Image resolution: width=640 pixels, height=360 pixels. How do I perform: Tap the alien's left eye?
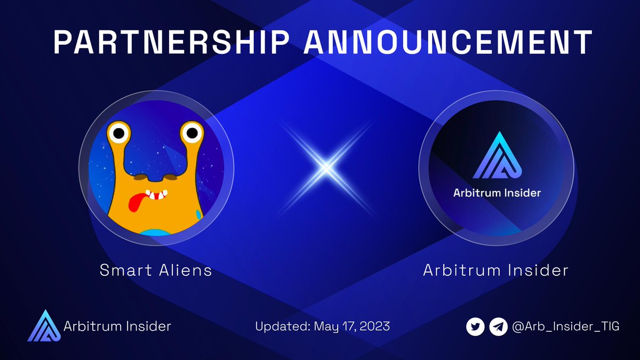point(119,133)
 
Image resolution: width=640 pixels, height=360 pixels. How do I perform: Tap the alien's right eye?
point(190,132)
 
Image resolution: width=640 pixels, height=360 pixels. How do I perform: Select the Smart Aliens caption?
point(156,270)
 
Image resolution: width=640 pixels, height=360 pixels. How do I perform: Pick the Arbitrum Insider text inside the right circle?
point(497,193)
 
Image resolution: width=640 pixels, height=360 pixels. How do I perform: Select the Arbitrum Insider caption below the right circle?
point(495,270)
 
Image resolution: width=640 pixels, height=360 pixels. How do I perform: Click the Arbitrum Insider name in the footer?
point(117,326)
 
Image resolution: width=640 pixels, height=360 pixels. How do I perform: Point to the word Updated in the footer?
point(278,326)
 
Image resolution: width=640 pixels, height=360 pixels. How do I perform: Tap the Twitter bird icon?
point(475,326)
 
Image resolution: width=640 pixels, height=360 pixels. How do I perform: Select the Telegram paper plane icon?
point(498,326)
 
